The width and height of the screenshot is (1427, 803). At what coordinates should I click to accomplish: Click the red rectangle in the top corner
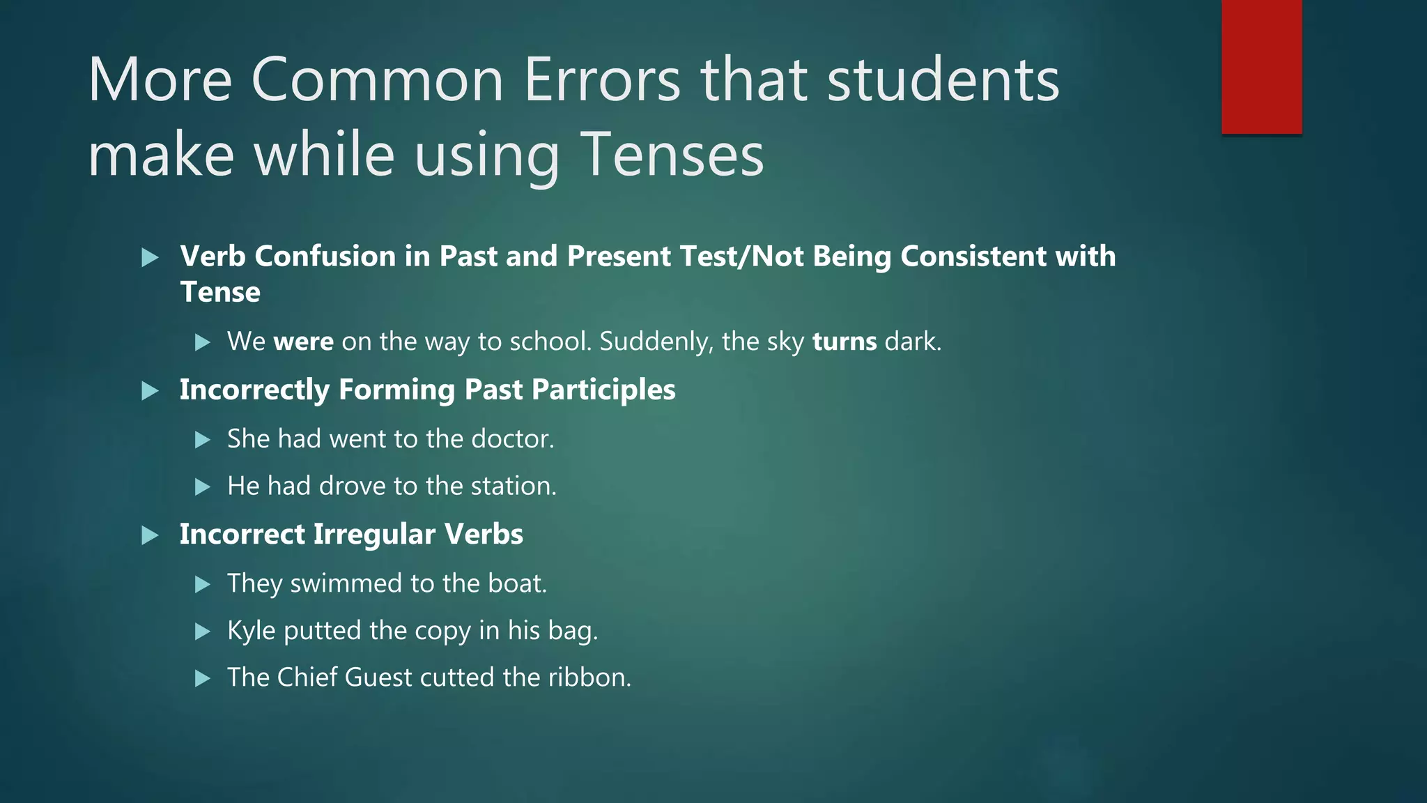coord(1261,67)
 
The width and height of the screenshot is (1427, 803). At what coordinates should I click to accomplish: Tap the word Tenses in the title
coord(672,154)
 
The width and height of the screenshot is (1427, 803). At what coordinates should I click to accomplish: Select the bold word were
coord(303,342)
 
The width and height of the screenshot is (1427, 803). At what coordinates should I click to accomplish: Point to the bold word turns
coord(844,342)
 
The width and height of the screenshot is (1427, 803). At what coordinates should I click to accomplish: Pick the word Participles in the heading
coord(603,390)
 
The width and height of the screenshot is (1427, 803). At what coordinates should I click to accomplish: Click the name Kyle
coord(251,631)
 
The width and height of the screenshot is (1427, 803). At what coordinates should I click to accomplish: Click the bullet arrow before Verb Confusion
coord(150,258)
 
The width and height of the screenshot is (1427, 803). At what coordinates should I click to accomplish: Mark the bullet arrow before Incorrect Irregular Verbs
coord(150,535)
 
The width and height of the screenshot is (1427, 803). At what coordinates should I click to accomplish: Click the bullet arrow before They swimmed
coord(203,584)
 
